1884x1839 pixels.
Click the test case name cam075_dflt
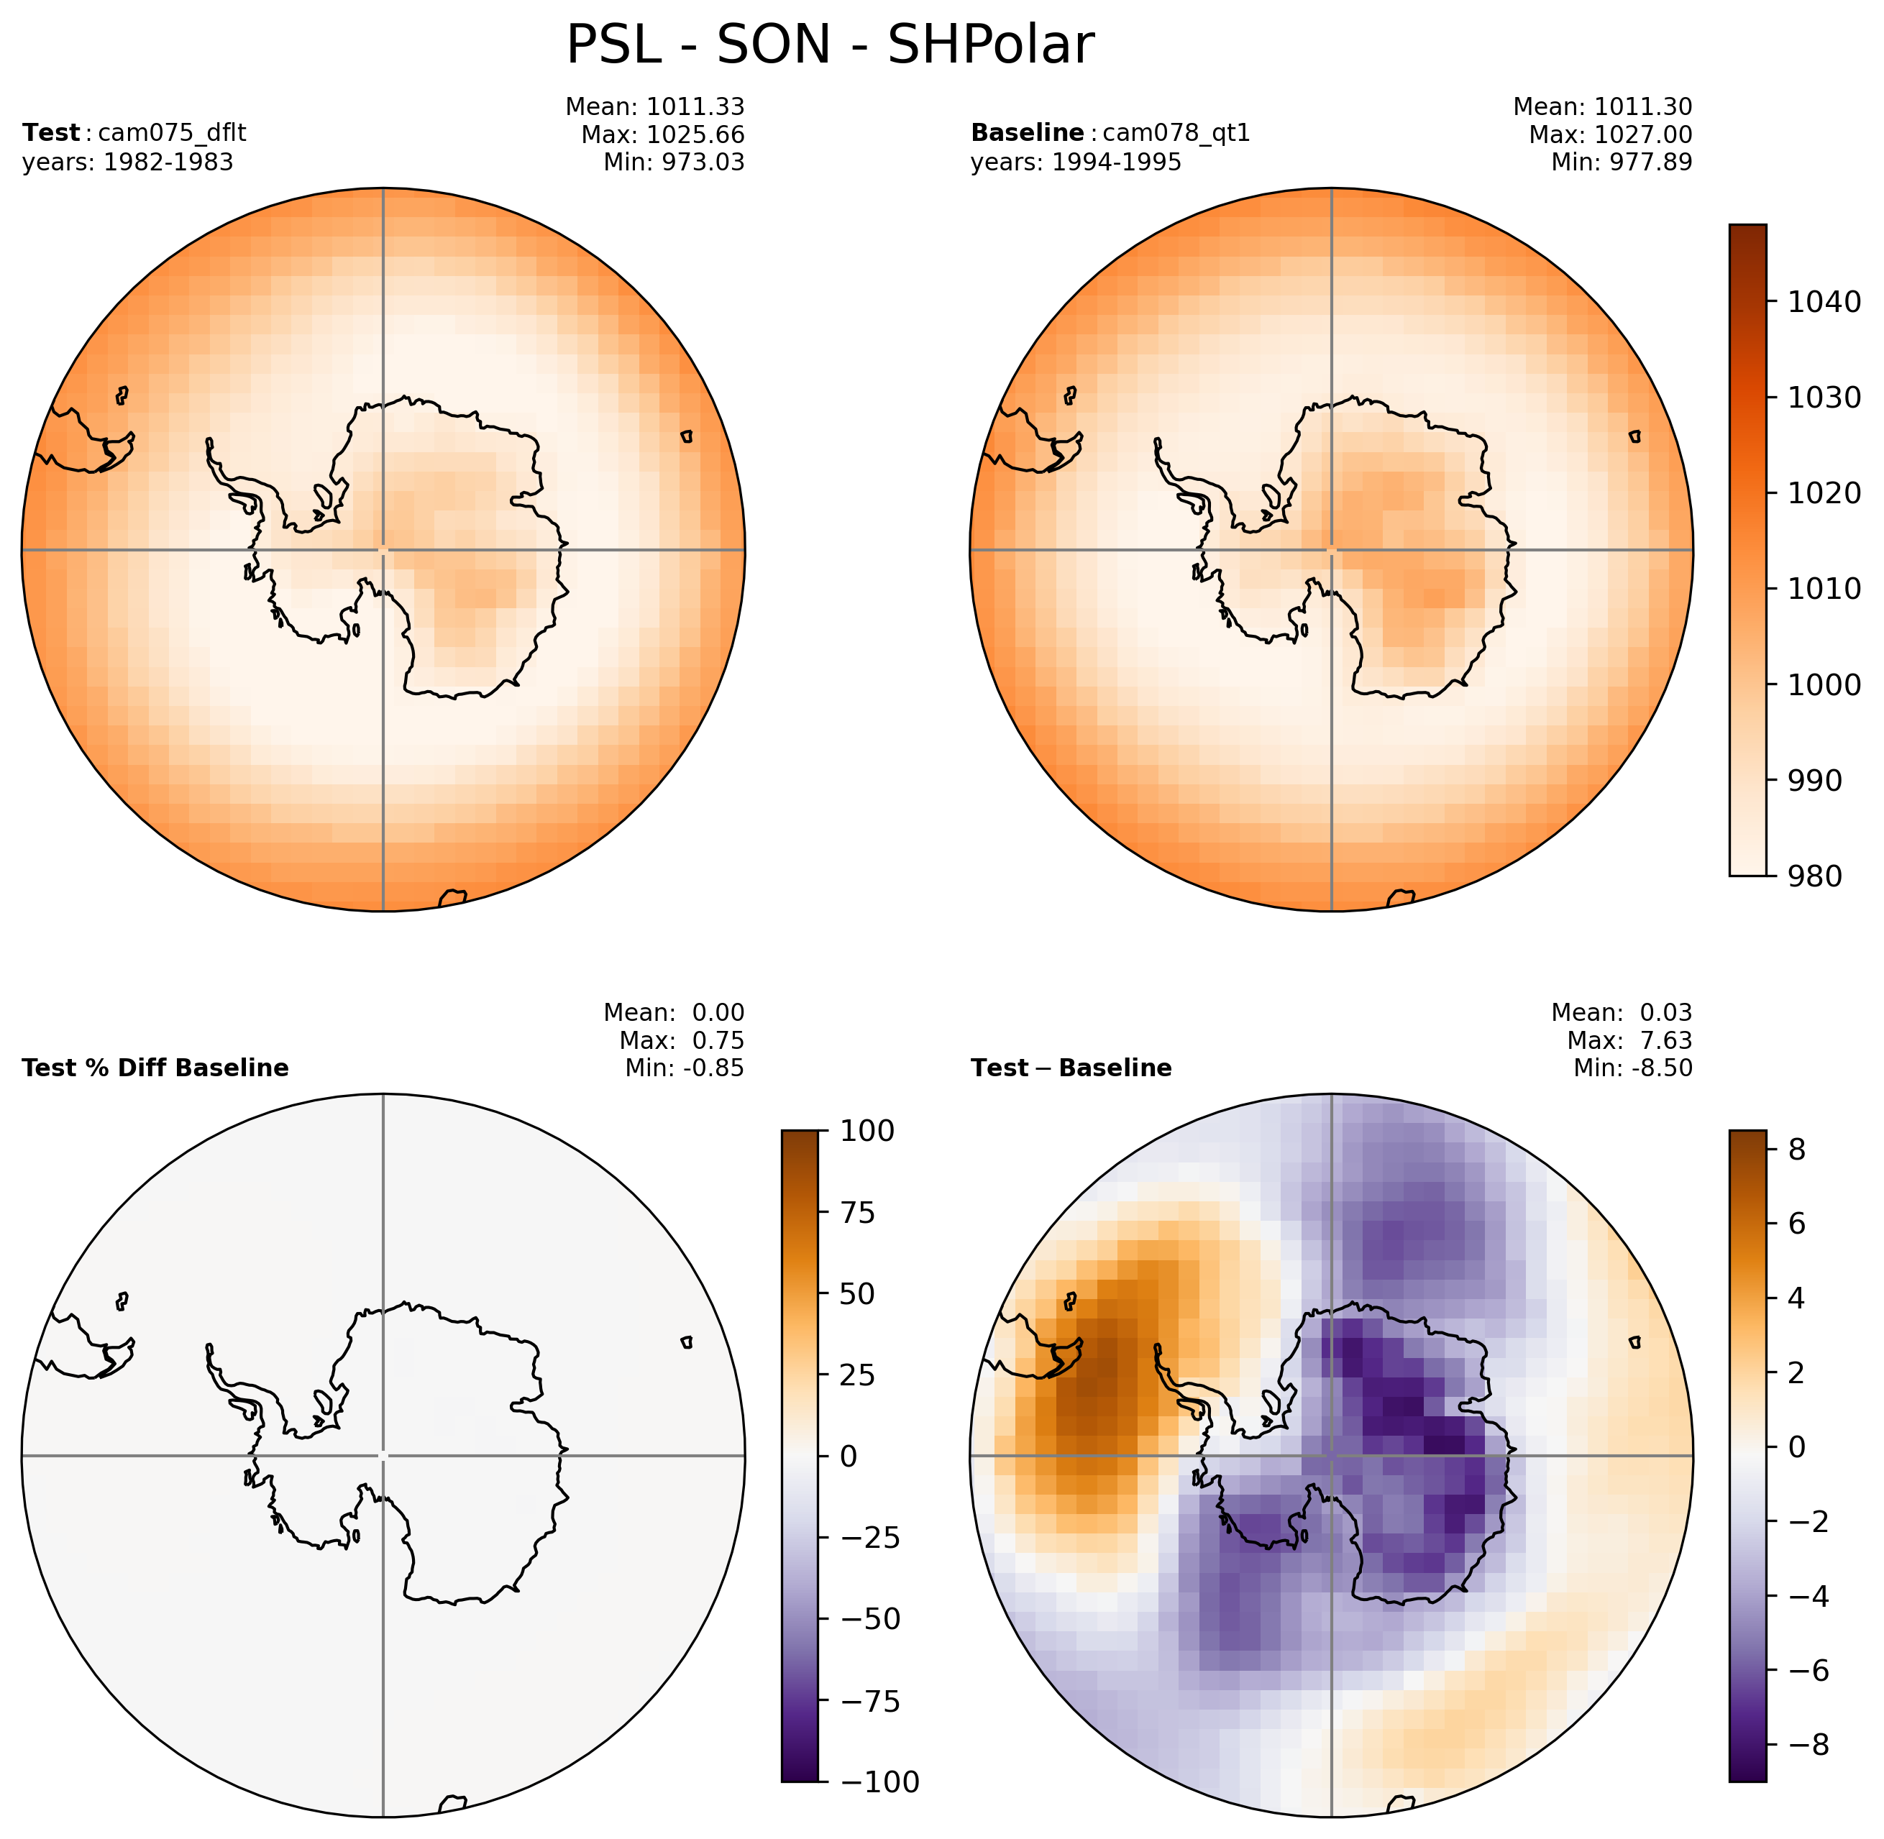(172, 133)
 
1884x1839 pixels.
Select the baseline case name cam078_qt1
(1176, 133)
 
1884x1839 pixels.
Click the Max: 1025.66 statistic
(663, 134)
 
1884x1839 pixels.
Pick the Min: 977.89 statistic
(1622, 162)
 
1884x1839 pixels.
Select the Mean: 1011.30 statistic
(1602, 107)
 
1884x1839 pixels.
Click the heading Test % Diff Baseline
(155, 1068)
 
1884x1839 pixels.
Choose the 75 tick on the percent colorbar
(857, 1212)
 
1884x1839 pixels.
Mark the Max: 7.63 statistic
(1630, 1040)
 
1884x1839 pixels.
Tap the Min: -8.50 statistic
(1633, 1068)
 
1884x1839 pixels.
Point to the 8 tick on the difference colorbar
(1797, 1150)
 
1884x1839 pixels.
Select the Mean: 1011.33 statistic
(654, 107)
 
